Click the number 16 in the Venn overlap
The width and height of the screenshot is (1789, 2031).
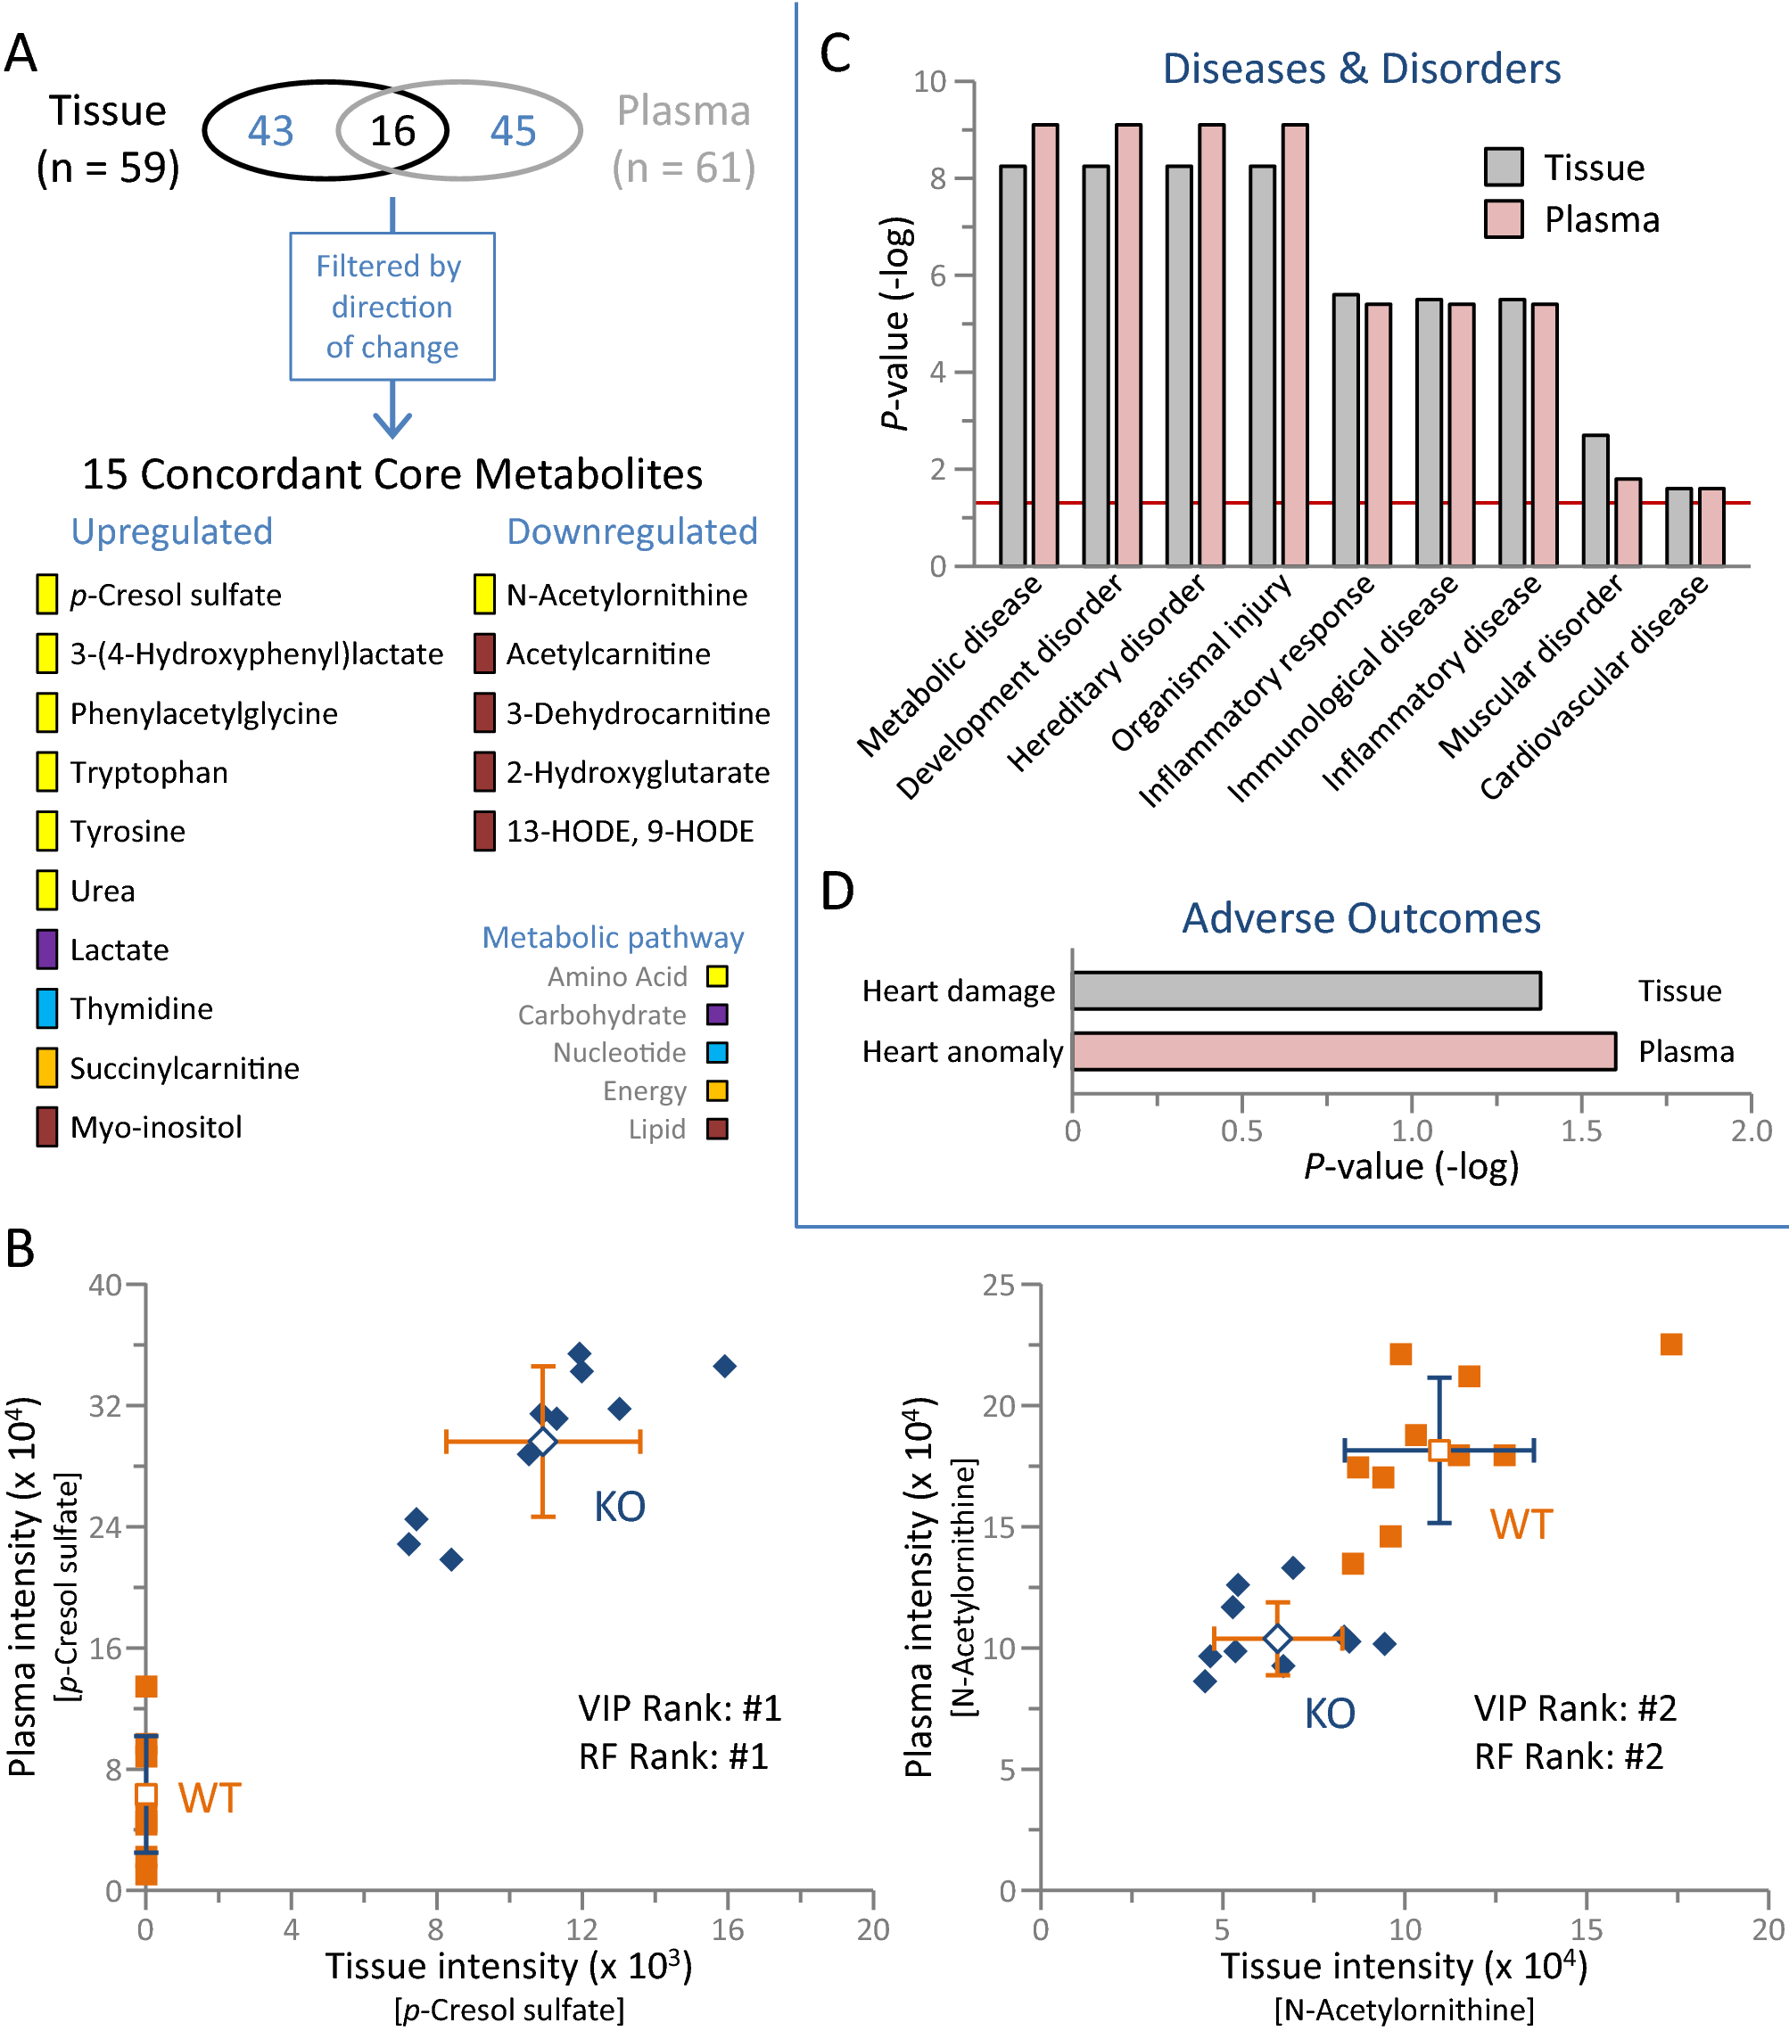[x=392, y=131]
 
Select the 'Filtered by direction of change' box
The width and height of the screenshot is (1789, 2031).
[x=392, y=306]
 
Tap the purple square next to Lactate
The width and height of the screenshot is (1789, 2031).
[x=46, y=949]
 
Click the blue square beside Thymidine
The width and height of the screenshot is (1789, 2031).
[x=46, y=1007]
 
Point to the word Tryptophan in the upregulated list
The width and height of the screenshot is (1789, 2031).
[x=149, y=772]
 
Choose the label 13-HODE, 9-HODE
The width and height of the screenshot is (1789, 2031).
[x=631, y=831]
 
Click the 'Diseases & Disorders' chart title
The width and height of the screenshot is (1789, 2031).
[x=1361, y=69]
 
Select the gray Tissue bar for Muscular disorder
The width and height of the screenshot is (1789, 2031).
[x=1595, y=500]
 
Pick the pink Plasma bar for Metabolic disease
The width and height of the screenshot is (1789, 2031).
[x=1044, y=345]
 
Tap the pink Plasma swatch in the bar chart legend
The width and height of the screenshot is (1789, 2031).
[x=1503, y=218]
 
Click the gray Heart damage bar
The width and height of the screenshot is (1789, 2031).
[x=1306, y=991]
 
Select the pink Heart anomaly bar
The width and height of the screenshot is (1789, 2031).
[x=1343, y=1051]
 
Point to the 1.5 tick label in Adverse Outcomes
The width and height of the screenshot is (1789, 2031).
[x=1581, y=1131]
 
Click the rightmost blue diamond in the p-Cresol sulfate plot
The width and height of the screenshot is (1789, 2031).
[x=726, y=1366]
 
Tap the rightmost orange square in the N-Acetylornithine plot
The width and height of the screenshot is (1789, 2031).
[x=1671, y=1344]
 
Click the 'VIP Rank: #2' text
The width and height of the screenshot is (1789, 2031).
[x=1575, y=1708]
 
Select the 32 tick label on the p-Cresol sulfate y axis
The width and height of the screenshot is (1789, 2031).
[x=105, y=1406]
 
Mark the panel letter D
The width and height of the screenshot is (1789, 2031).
[x=837, y=892]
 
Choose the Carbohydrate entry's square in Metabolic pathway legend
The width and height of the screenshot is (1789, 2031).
[x=717, y=1015]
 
